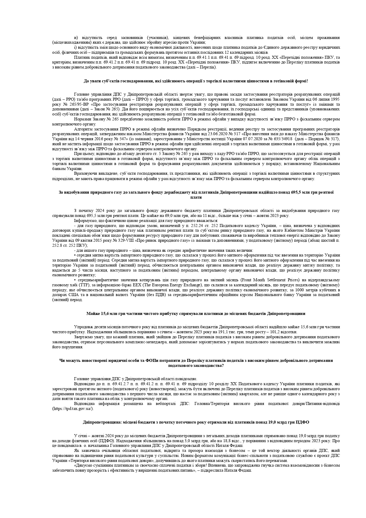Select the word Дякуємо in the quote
point(84,465)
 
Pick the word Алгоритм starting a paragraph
point(83,129)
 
